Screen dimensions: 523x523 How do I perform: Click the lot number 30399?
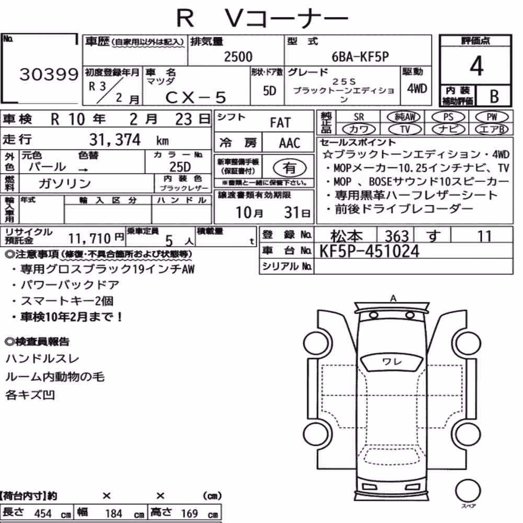pos(49,74)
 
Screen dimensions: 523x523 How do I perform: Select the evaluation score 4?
pos(476,66)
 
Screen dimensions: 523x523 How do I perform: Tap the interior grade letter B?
pos(494,96)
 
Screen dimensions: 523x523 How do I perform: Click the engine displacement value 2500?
pos(238,56)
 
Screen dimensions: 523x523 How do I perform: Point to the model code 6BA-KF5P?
pos(360,56)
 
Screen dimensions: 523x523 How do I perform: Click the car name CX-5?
pos(196,97)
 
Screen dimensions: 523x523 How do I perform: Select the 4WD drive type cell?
pos(417,89)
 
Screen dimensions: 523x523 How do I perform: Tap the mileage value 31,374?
pos(115,140)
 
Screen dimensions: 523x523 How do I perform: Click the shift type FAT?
pos(280,123)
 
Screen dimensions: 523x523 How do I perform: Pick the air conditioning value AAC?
pos(289,143)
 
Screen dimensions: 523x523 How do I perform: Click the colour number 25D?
pos(180,167)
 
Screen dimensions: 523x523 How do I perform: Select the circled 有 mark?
pos(290,168)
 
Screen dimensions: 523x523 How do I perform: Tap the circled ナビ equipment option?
pos(448,129)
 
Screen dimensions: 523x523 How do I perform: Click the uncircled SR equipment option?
pos(359,117)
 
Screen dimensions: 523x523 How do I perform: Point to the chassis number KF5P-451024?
pos(369,251)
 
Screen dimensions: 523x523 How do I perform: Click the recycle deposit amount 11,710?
pos(89,238)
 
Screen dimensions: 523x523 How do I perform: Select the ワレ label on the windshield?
pos(392,361)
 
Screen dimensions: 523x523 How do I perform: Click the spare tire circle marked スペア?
pos(468,491)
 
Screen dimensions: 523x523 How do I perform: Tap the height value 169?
pos(189,513)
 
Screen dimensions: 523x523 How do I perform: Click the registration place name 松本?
pos(346,236)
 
